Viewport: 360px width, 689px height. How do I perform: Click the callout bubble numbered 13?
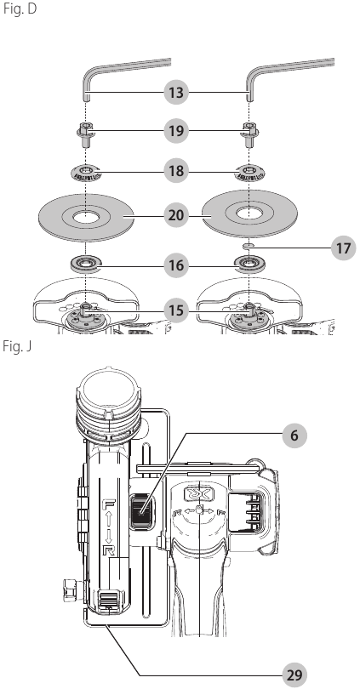(x=176, y=93)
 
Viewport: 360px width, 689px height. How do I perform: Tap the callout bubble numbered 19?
(x=176, y=131)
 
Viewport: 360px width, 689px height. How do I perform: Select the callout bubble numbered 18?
(x=176, y=170)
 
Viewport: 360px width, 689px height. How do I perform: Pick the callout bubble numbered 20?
(x=176, y=215)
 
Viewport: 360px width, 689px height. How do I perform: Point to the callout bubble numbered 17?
(x=343, y=248)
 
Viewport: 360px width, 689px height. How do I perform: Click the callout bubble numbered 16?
(x=176, y=265)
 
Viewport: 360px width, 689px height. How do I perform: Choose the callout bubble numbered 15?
(x=176, y=311)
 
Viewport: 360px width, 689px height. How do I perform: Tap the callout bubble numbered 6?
(x=294, y=436)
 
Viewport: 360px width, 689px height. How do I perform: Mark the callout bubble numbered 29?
(x=294, y=675)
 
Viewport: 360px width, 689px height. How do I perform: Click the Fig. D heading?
(x=20, y=9)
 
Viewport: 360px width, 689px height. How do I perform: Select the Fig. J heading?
(x=17, y=346)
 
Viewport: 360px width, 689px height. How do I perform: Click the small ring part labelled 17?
(x=249, y=246)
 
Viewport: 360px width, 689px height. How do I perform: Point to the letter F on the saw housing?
(x=107, y=504)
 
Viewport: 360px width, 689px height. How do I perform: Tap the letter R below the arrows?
(x=107, y=550)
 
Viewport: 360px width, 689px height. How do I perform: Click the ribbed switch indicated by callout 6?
(x=140, y=510)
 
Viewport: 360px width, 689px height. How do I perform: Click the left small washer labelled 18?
(x=86, y=172)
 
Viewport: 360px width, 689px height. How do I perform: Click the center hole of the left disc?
(x=86, y=217)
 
